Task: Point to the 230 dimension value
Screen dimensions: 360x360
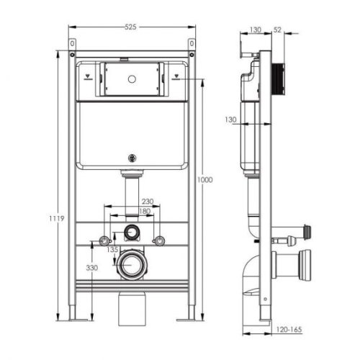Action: [147, 202]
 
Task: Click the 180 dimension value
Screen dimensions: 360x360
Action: [147, 211]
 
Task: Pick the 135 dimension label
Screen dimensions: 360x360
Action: [112, 251]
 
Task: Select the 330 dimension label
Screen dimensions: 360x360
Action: [92, 268]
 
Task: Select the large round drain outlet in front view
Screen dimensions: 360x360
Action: [132, 264]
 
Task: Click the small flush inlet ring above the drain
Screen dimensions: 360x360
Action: [132, 232]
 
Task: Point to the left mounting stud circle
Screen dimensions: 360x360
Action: [106, 239]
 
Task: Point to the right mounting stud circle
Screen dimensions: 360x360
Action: [160, 239]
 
